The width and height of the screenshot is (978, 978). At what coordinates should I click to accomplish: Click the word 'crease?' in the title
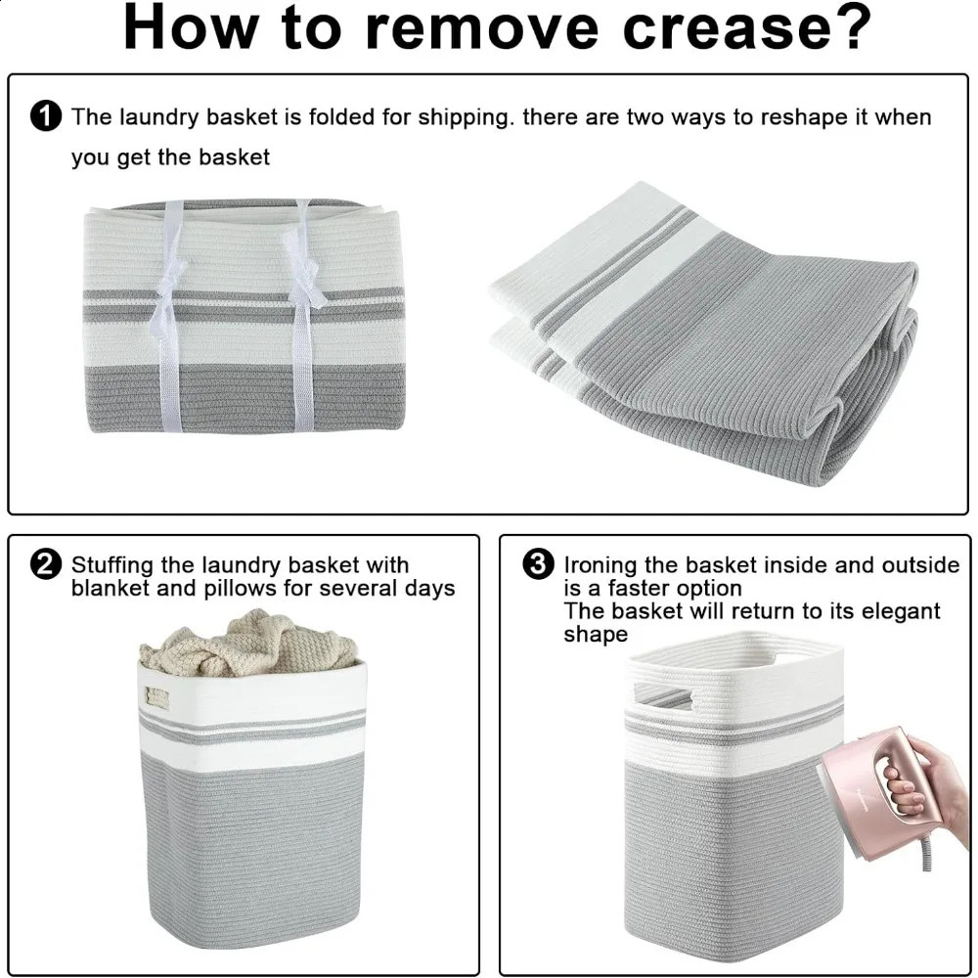point(746,27)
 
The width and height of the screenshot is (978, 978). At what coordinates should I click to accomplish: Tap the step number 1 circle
point(46,116)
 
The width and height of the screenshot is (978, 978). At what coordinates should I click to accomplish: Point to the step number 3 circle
point(539,565)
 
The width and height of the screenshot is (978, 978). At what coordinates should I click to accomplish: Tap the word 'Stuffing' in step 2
point(111,565)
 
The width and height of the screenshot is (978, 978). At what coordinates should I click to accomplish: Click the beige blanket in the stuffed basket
point(249,645)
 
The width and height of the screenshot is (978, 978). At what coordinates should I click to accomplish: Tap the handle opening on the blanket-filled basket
point(157,696)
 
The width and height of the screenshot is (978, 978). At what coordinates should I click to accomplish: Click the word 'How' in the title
point(191,27)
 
